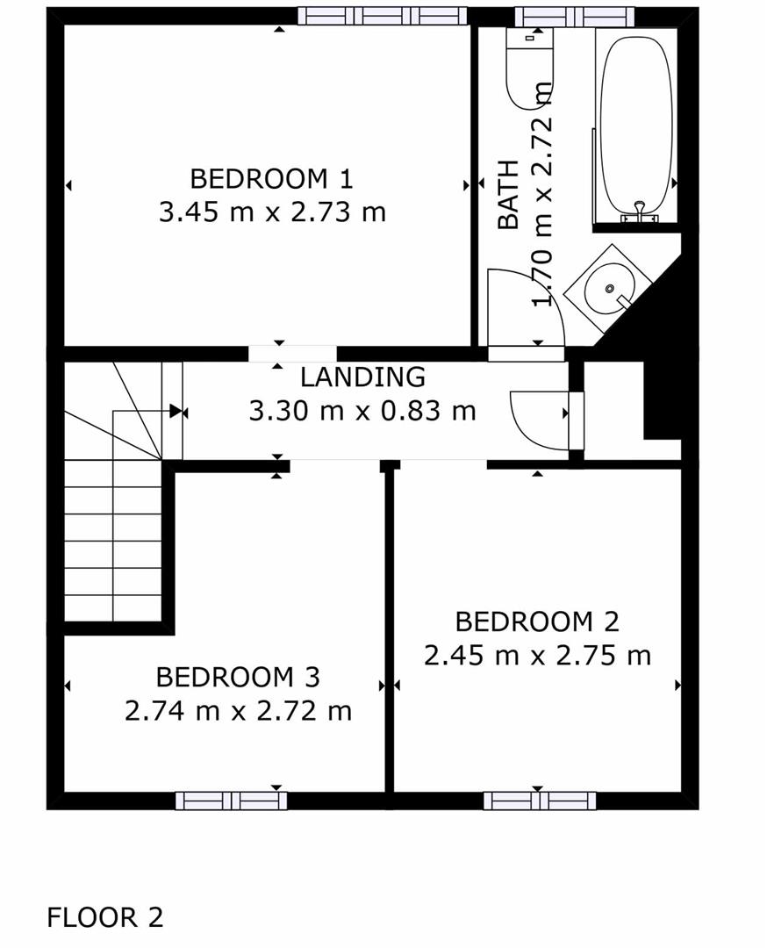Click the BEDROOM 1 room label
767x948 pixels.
[271, 179]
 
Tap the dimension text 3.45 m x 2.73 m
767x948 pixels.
[272, 212]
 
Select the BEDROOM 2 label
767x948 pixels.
[536, 621]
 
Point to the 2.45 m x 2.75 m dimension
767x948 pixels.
[537, 656]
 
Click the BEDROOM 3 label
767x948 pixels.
[237, 677]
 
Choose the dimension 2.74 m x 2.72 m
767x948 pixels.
[238, 710]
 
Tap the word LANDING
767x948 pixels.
[362, 377]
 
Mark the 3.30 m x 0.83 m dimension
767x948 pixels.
[362, 410]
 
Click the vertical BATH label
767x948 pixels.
[509, 195]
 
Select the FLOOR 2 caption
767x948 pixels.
[104, 917]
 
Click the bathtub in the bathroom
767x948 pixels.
[637, 123]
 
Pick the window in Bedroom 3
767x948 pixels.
[231, 800]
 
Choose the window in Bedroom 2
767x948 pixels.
[539, 800]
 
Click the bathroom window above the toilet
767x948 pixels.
[573, 16]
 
